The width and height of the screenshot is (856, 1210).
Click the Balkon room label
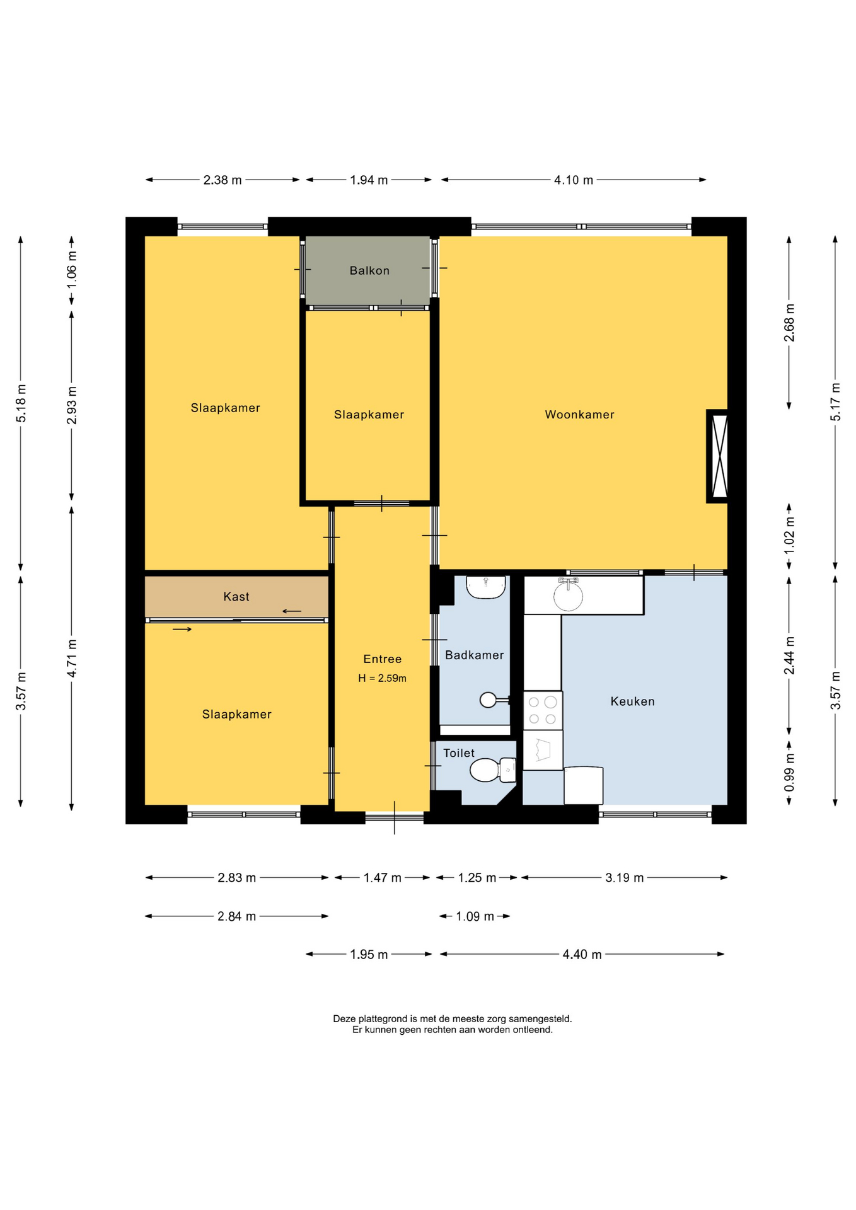pyautogui.click(x=369, y=270)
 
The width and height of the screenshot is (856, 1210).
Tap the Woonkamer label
pyautogui.click(x=579, y=415)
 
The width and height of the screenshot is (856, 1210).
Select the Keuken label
pyautogui.click(x=632, y=701)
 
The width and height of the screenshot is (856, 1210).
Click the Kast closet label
pyautogui.click(x=236, y=596)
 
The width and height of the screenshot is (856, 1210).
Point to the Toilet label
pyautogui.click(x=459, y=753)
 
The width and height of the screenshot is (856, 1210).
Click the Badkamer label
pyautogui.click(x=475, y=655)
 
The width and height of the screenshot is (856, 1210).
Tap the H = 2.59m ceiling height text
pyautogui.click(x=382, y=678)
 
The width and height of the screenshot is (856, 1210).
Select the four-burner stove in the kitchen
pyautogui.click(x=543, y=710)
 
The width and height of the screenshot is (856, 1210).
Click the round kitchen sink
pyautogui.click(x=568, y=596)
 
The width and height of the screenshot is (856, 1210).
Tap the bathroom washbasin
pyautogui.click(x=486, y=587)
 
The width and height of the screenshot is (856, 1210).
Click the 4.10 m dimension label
pyautogui.click(x=574, y=180)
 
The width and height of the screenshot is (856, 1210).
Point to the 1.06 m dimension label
pyautogui.click(x=72, y=270)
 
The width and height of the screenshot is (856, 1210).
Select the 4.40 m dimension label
pyautogui.click(x=582, y=954)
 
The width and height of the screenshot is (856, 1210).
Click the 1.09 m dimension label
pyautogui.click(x=475, y=916)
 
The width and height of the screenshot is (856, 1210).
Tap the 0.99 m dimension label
pyautogui.click(x=789, y=773)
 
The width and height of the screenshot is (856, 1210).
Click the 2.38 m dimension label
pyautogui.click(x=223, y=180)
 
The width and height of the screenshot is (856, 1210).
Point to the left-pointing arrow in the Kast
pyautogui.click(x=292, y=611)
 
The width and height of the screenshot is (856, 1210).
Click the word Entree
pyautogui.click(x=382, y=659)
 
